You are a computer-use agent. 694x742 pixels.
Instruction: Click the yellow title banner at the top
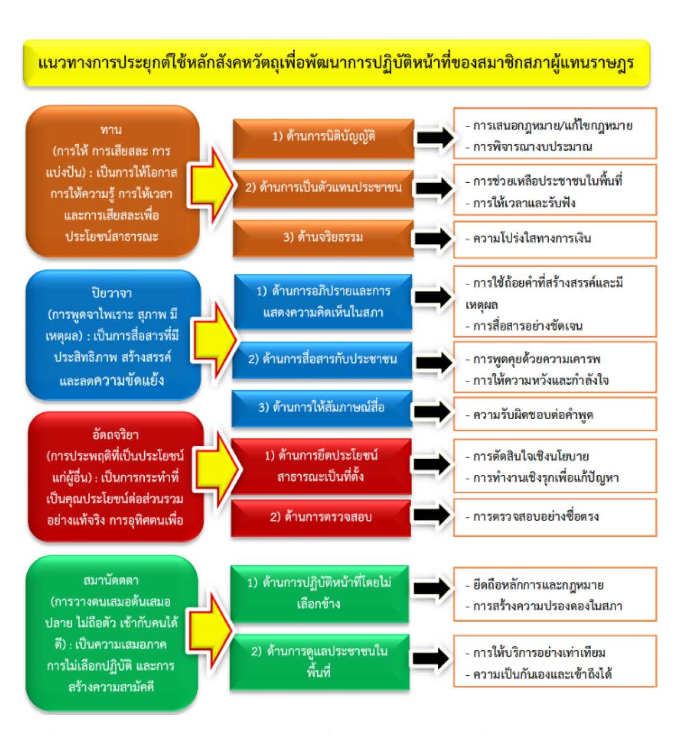[337, 63]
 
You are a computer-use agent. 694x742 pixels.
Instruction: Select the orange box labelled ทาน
[112, 182]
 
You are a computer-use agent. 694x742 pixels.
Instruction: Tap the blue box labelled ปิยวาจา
[113, 335]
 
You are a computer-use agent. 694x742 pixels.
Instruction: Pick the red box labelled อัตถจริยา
[115, 477]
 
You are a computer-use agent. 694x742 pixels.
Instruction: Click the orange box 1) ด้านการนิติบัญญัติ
[324, 139]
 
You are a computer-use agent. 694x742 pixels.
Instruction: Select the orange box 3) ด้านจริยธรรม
[323, 238]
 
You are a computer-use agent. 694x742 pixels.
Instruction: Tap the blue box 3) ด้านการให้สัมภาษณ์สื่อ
[322, 408]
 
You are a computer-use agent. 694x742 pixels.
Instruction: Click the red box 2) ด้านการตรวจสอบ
[321, 518]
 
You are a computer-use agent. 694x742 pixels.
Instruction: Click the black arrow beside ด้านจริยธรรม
[433, 239]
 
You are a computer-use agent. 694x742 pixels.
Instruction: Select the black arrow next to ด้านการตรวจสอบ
[432, 516]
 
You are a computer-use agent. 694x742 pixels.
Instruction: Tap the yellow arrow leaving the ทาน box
[212, 185]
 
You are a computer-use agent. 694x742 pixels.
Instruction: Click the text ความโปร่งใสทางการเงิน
[528, 239]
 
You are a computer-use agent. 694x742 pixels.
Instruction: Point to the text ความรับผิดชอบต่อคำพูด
[529, 415]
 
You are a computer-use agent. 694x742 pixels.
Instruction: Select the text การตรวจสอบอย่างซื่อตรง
[532, 517]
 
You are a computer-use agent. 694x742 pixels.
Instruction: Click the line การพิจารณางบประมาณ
[529, 147]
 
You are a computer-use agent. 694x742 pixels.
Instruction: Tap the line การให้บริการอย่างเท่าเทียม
[535, 653]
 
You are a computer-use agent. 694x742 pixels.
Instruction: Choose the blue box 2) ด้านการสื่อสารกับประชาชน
[322, 360]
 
